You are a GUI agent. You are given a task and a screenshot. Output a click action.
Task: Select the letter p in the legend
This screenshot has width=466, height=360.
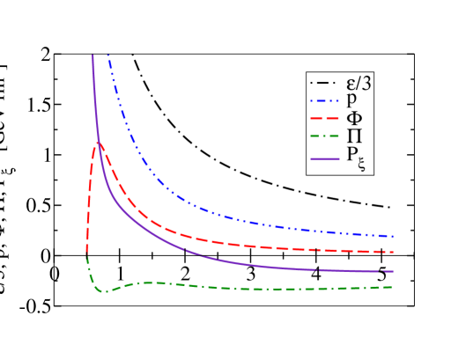coord(351,100)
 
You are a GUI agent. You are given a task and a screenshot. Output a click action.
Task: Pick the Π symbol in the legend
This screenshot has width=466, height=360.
coord(351,136)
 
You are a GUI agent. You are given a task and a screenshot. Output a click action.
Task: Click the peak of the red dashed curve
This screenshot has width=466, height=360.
coord(97,143)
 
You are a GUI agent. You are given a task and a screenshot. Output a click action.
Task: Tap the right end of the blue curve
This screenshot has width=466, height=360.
coord(392,236)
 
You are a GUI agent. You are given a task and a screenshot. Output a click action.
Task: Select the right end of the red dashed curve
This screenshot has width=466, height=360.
coord(392,253)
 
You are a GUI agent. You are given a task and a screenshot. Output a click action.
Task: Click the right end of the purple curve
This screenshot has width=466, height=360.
coord(392,272)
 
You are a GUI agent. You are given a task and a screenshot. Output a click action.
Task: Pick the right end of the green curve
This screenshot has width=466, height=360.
coord(392,287)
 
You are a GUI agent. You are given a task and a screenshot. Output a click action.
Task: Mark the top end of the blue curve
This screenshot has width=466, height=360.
coord(108,55)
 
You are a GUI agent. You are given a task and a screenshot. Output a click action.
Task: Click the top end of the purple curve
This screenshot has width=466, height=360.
coord(92,55)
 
